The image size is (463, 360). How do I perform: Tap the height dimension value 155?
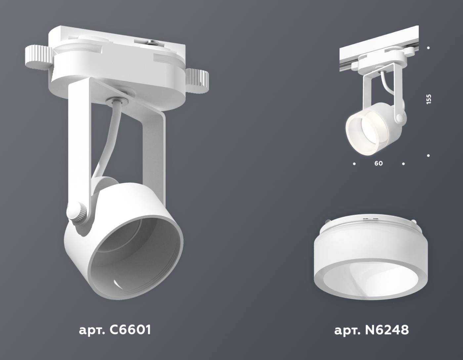pos(429,99)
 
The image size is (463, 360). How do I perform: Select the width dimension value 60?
pos(379,163)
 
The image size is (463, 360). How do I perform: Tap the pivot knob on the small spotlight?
pos(400,117)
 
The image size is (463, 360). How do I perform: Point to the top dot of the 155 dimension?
pos(429,48)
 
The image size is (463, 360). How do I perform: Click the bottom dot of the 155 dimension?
pos(429,156)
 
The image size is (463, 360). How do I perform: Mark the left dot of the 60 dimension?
pos(354,163)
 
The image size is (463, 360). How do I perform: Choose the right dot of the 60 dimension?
pos(403,163)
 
